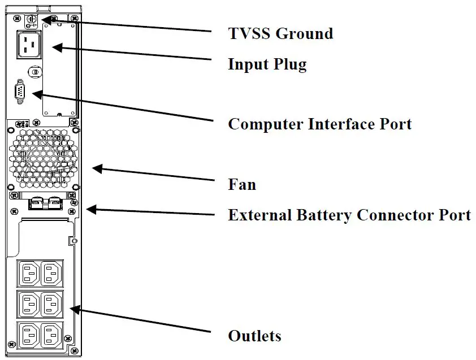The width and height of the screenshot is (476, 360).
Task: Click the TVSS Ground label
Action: pos(280,33)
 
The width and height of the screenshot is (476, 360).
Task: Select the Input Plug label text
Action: pos(267,64)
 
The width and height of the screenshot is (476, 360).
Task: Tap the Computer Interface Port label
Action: pos(319,124)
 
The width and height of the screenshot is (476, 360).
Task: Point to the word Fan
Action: pos(242,185)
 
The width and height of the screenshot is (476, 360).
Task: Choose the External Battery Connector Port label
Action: pos(349,215)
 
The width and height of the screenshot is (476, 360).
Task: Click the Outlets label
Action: pos(254,336)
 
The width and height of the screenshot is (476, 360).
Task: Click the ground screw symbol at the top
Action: pos(31,20)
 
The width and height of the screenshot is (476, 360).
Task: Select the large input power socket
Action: pos(29,44)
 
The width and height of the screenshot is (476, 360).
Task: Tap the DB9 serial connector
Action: pos(20,92)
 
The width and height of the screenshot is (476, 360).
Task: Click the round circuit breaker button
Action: pos(35,72)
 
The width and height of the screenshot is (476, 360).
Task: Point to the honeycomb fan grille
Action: pos(43,158)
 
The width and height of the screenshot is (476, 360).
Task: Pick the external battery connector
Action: pos(46,203)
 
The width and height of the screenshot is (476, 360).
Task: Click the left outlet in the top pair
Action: pos(29,273)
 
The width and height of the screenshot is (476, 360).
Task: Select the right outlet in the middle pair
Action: pos(52,304)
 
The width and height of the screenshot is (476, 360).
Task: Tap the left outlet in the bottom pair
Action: pos(29,335)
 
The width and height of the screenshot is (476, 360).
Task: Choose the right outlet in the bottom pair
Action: pos(52,335)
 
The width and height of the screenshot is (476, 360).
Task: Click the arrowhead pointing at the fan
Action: pos(97,169)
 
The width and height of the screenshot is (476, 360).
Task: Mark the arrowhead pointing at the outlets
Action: pos(75,310)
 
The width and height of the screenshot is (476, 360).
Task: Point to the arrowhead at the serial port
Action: pos(37,94)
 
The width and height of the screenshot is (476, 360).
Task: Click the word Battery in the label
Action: pos(324,215)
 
